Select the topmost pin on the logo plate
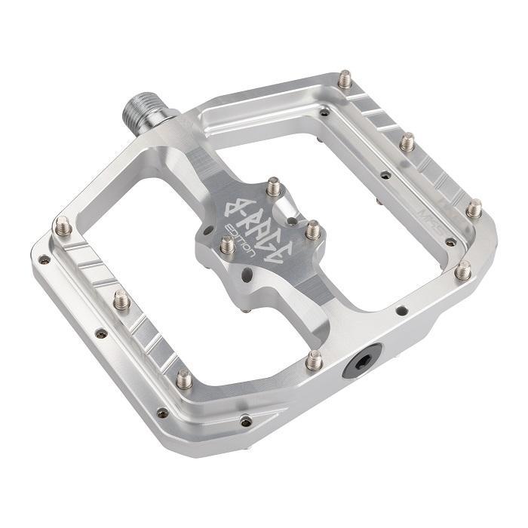pos(275,185)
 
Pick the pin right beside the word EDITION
pos(227,244)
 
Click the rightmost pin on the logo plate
pos(312,229)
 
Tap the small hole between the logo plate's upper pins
pos(291,221)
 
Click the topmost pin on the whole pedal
pos(345,78)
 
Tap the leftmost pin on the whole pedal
pos(62,225)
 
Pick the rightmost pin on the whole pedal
pos(474,208)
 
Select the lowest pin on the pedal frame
pos(184,378)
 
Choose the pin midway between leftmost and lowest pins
pos(121,300)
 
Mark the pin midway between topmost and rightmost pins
pos(407,141)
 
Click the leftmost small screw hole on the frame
pos(45,259)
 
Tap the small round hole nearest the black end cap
pos(401,310)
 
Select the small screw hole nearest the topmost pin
pos(324,112)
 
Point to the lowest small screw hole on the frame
pos(245,422)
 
